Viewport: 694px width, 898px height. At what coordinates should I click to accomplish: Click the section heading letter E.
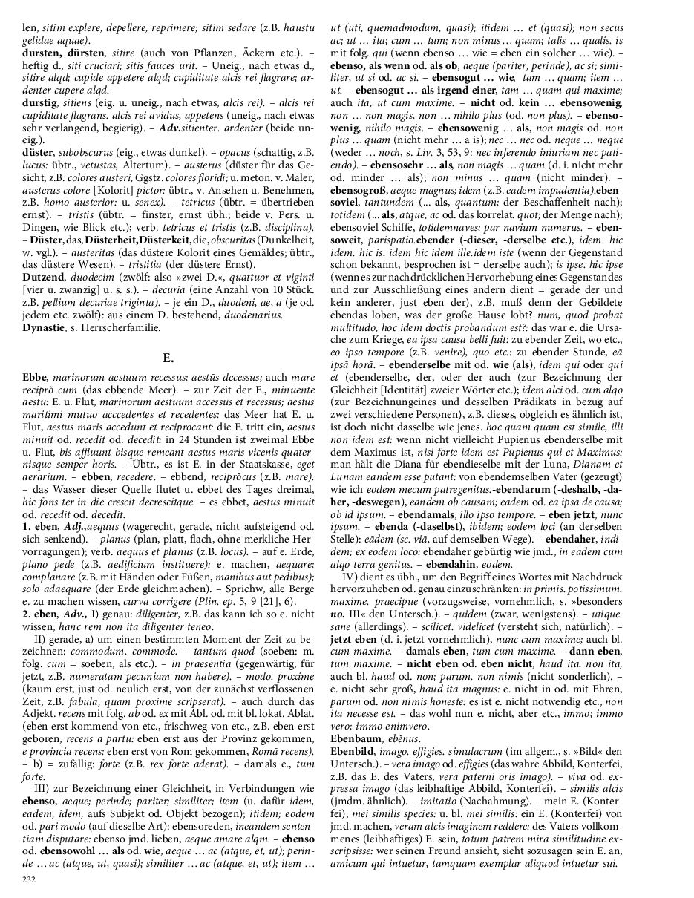168,358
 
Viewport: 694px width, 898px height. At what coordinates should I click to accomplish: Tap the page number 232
30,879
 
